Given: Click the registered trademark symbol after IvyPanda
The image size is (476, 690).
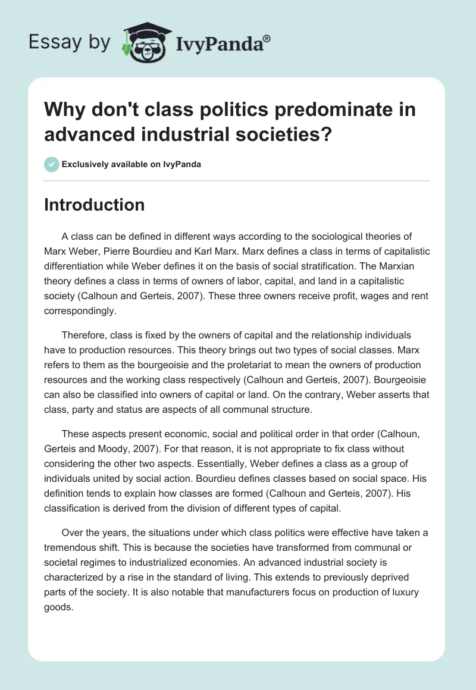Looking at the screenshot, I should pyautogui.click(x=267, y=36).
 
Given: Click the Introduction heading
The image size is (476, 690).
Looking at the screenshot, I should pyautogui.click(x=95, y=205).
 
